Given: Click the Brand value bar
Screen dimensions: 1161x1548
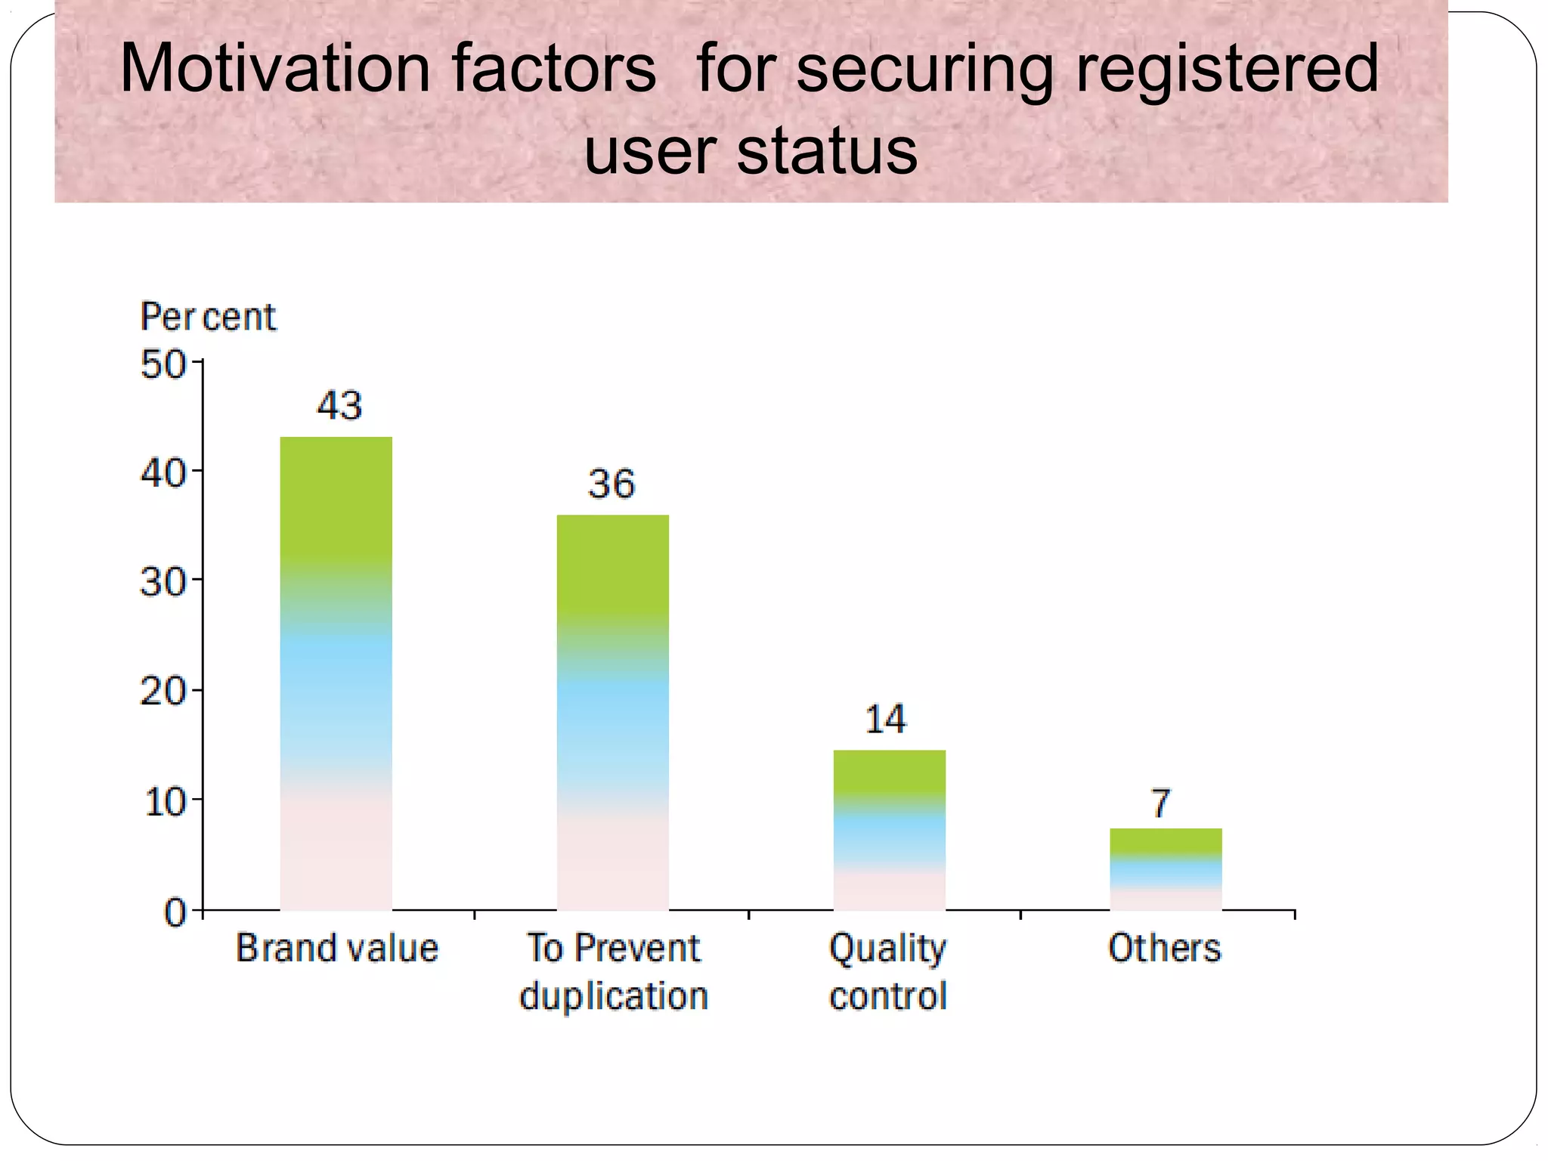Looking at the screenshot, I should coord(336,673).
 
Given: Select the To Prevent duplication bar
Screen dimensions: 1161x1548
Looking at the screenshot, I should coord(612,712).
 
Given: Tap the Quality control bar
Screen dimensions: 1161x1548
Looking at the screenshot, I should coord(889,830).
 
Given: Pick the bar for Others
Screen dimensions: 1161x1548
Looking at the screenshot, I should coord(1166,869).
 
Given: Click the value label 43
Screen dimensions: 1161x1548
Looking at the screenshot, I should coord(339,406).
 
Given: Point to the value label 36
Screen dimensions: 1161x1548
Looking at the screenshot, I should coord(611,484).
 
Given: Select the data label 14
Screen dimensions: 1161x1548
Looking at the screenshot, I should coord(885,720).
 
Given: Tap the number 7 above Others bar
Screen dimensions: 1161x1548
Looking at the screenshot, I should coord(1161,803).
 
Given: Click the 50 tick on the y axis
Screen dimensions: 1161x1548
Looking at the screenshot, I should coord(163,365).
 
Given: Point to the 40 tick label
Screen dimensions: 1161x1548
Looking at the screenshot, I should coord(163,475).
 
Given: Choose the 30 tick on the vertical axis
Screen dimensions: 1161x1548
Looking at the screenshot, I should coord(163,584).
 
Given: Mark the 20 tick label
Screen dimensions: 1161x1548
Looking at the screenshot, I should coord(163,692).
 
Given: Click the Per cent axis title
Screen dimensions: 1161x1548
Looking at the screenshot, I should coord(208,317).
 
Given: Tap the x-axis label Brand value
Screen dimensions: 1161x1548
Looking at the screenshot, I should coord(337,948).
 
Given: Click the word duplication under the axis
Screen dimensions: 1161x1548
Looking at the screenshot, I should coord(613,996).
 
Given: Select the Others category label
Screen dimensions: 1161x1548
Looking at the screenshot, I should coord(1164,948).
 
